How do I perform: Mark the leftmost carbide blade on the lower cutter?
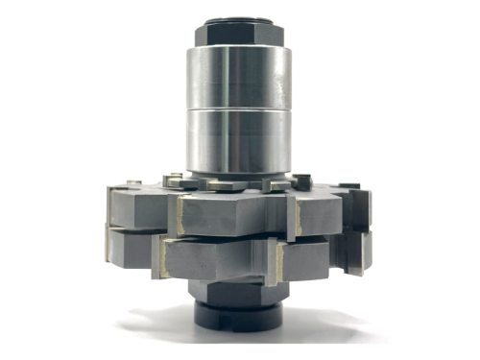pyautogui.click(x=108, y=245)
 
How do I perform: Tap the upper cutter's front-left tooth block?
pyautogui.click(x=139, y=208)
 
